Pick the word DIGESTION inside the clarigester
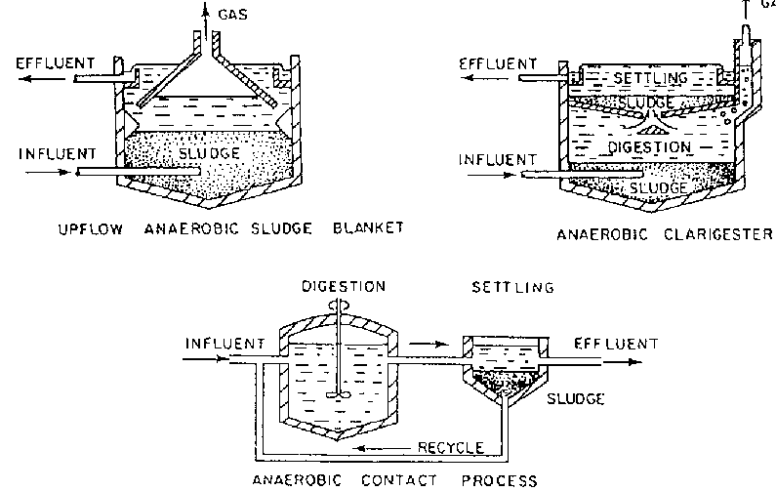(x=650, y=148)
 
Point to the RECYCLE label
(x=451, y=448)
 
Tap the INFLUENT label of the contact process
(x=224, y=344)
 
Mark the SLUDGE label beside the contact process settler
(x=576, y=399)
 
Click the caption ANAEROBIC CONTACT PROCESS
(x=394, y=479)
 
